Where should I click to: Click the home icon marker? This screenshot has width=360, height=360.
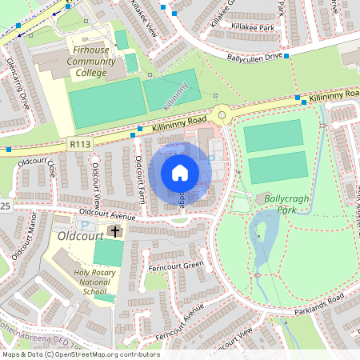coord(180,172)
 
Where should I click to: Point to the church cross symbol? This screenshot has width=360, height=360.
coord(115,232)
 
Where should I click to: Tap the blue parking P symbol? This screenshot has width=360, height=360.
coord(86,229)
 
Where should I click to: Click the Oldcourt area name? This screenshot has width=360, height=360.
coord(82,237)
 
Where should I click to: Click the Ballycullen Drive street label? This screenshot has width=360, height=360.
coord(254,58)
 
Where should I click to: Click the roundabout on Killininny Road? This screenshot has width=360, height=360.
coord(222,115)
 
